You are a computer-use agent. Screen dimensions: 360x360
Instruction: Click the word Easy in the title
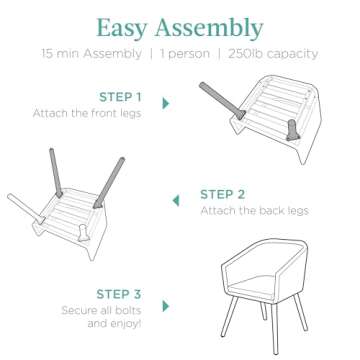(122, 29)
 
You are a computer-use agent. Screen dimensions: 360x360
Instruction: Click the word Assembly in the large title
(209, 29)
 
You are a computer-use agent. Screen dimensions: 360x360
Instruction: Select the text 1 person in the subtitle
(185, 54)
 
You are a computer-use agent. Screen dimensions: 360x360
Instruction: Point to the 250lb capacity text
(273, 54)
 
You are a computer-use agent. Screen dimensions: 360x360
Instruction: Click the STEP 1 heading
(120, 97)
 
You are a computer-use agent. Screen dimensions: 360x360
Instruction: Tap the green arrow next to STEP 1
(166, 103)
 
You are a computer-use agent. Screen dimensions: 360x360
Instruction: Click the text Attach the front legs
(87, 113)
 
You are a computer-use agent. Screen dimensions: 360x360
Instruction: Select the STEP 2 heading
(222, 194)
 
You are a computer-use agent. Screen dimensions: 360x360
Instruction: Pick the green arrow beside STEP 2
(176, 201)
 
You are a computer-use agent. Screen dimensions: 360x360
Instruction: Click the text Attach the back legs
(254, 211)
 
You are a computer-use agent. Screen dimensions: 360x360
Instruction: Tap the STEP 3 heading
(119, 294)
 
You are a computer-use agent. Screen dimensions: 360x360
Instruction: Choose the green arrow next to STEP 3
(166, 306)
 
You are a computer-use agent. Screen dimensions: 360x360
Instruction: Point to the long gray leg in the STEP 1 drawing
(222, 100)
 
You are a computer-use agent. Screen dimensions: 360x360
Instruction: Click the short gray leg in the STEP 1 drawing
(293, 130)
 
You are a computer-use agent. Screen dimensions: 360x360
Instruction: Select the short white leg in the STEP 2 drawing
(83, 233)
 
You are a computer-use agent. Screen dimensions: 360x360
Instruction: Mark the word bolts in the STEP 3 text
(128, 311)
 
